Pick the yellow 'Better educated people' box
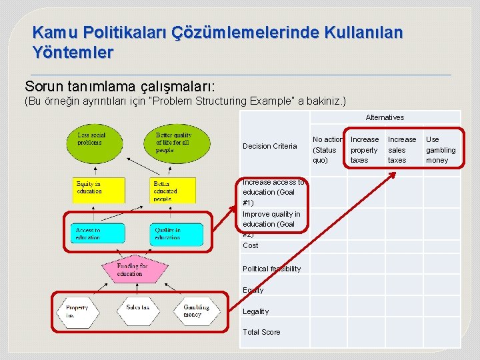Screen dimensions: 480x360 coord(173,190)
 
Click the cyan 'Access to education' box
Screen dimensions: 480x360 coord(97,233)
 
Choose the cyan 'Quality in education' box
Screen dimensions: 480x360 coord(176,233)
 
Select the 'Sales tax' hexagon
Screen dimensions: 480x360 coord(138,308)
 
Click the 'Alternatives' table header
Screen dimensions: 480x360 coord(385,117)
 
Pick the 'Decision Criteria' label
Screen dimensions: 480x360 coord(269,146)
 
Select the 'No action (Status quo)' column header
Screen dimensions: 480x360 coord(327,149)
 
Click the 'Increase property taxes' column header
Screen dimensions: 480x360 coord(364,149)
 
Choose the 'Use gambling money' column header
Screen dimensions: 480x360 coord(441,149)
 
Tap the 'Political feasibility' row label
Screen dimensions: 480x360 coord(271,269)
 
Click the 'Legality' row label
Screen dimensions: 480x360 coord(255,311)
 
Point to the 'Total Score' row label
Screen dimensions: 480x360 coord(261,332)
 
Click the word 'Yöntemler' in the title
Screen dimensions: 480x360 coord(73,51)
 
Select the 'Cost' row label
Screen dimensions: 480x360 coord(251,245)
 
